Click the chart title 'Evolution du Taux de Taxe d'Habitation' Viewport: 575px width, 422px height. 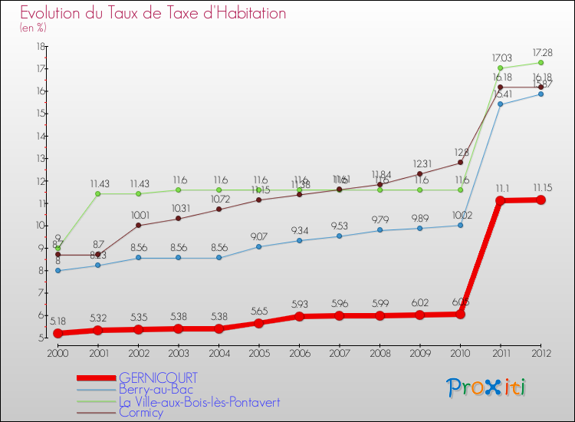coord(153,14)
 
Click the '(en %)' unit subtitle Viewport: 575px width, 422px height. coord(33,28)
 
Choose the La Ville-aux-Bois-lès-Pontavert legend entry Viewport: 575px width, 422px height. coord(199,401)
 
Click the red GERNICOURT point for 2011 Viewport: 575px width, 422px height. coord(501,201)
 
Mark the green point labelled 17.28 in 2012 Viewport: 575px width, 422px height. coord(540,63)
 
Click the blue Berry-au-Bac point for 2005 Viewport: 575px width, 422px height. coord(259,246)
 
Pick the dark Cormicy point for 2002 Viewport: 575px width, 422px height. coord(138,226)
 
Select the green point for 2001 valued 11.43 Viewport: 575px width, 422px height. coord(98,193)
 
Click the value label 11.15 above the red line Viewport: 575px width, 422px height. coord(540,187)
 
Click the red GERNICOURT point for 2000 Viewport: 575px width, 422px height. coord(58,333)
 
